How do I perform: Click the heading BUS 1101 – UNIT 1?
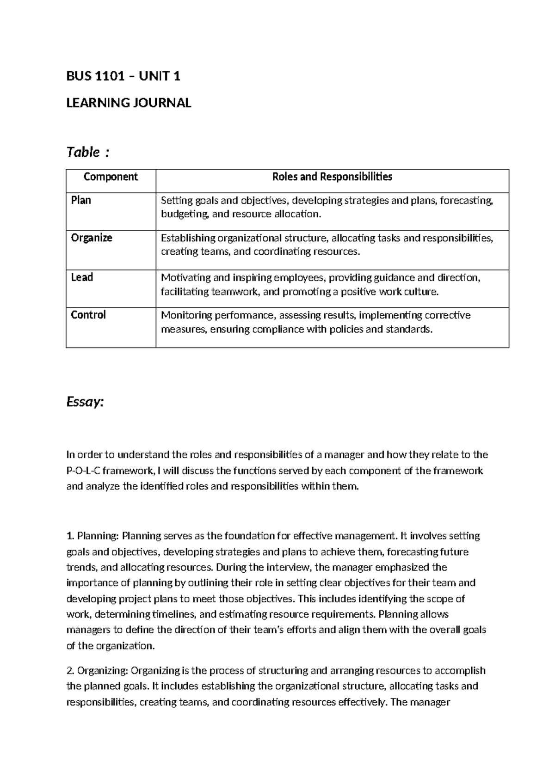pos(123,76)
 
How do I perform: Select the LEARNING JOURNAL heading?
pos(129,103)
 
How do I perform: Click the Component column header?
pos(111,177)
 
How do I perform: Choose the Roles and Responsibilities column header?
pos(332,177)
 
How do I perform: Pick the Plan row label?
pos(81,200)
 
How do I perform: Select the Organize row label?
pos(92,238)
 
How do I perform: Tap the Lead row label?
pos(82,277)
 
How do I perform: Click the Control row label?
pos(88,315)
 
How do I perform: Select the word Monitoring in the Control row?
pos(184,315)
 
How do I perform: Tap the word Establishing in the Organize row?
pos(188,238)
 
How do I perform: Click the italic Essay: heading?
pos(86,402)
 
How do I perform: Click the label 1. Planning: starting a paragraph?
pos(93,536)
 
